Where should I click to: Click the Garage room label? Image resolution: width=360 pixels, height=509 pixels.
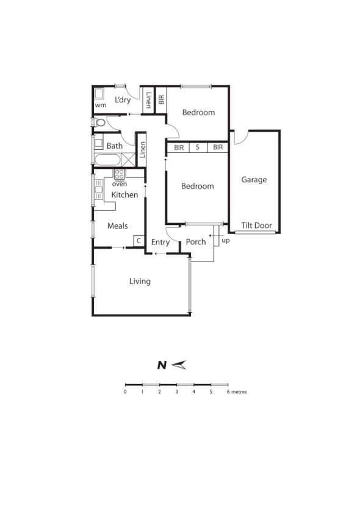coord(254,180)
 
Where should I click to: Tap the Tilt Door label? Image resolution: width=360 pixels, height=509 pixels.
coord(256,226)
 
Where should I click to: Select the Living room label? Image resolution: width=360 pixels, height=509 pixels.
coord(140,282)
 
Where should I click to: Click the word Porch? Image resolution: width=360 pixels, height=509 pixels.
coord(196,242)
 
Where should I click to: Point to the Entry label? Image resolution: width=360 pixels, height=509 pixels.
coord(160,242)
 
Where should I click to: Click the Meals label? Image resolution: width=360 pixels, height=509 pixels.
coord(117,226)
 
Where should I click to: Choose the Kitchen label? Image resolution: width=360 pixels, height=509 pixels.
coord(124,195)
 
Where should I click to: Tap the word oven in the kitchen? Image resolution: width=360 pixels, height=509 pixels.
coord(119,183)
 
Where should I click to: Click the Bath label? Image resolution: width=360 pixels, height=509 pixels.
coord(115,146)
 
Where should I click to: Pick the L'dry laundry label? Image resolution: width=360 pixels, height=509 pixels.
coord(123,100)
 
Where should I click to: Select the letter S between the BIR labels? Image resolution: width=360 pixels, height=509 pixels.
coord(198,148)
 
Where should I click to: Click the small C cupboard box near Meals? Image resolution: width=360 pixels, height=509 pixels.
coord(139,241)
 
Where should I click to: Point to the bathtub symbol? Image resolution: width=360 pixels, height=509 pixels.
coord(108,161)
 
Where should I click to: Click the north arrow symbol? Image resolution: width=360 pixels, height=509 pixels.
coord(178,365)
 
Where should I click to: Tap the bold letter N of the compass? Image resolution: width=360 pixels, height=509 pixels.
coord(162,366)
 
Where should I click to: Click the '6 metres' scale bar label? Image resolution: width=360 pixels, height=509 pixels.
coord(237,392)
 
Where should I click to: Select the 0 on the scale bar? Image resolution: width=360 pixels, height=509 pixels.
coord(125,392)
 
